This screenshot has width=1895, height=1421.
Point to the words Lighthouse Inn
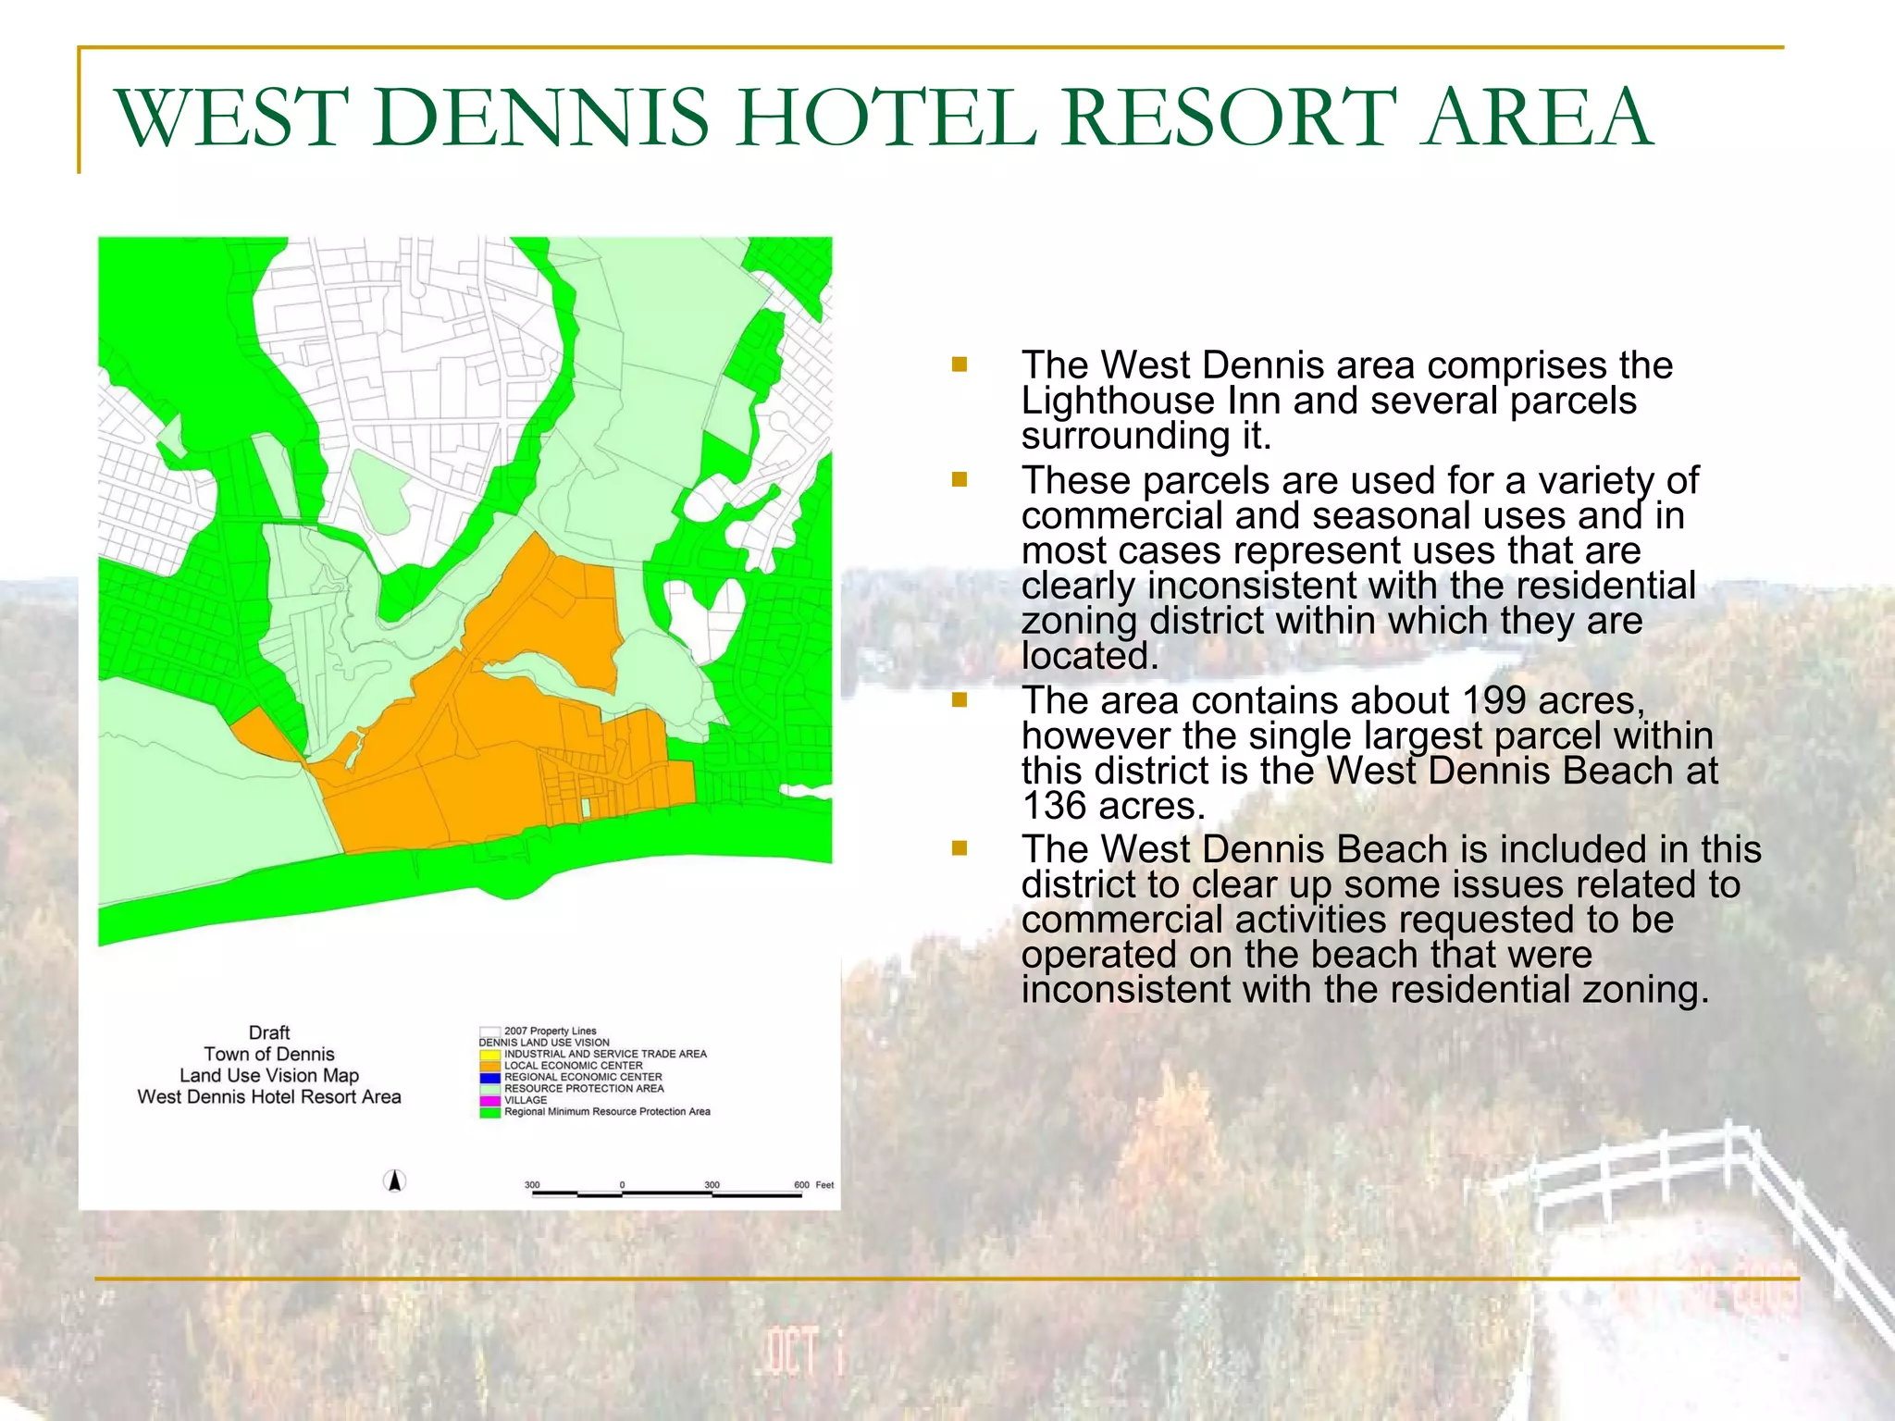[1151, 401]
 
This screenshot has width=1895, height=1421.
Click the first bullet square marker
[959, 365]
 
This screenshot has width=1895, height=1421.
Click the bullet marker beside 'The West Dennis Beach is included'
[959, 848]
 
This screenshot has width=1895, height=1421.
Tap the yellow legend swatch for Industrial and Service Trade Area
[489, 1054]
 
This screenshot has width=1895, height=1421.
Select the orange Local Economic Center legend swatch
[489, 1066]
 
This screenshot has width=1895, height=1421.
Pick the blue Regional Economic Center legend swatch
[489, 1077]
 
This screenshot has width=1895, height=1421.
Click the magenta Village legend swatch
[489, 1100]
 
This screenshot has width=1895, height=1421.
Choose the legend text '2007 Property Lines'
[550, 1031]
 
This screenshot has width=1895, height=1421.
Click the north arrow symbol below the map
[395, 1181]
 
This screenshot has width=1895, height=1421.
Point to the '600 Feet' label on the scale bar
[813, 1184]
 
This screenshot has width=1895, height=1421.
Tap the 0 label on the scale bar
[622, 1184]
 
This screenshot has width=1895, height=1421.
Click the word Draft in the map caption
[269, 1032]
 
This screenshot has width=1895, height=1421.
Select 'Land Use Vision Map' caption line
[269, 1075]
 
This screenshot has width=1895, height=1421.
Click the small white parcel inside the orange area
[586, 807]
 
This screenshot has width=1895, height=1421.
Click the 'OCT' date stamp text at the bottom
[792, 1352]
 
